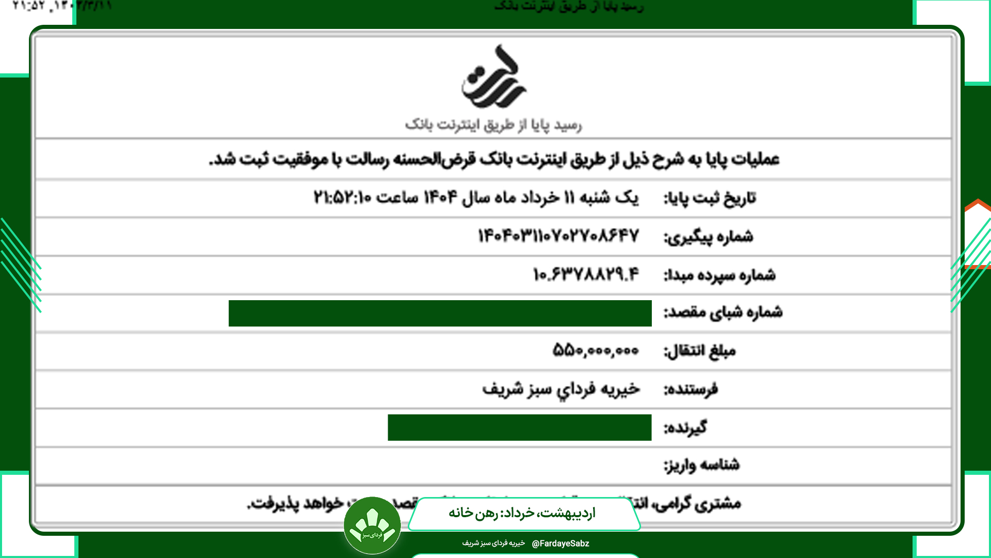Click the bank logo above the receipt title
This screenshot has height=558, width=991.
click(x=493, y=78)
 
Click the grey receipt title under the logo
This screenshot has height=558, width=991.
click(x=493, y=125)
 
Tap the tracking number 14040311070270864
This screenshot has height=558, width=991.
click(x=558, y=236)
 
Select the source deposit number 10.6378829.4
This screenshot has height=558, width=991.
click(x=586, y=274)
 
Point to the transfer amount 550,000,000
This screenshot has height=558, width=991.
click(x=596, y=350)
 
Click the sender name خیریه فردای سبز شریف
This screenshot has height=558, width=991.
click(x=561, y=389)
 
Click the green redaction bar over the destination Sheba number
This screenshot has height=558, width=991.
click(x=440, y=313)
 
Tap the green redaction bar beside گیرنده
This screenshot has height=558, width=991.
click(x=519, y=427)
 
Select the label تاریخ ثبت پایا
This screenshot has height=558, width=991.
click(x=709, y=198)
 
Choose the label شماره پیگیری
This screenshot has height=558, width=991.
click(x=708, y=237)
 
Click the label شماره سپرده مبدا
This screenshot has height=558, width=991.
click(x=720, y=275)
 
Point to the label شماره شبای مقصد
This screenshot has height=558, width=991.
click(x=723, y=313)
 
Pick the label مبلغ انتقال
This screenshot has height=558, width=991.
click(x=699, y=351)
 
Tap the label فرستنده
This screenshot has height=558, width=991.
click(x=691, y=389)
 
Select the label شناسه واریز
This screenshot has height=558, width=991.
click(x=701, y=465)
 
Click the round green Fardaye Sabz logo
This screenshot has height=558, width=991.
click(x=372, y=525)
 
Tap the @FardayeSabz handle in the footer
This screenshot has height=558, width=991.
click(x=560, y=544)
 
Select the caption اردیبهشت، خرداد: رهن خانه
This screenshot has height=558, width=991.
click(x=522, y=513)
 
